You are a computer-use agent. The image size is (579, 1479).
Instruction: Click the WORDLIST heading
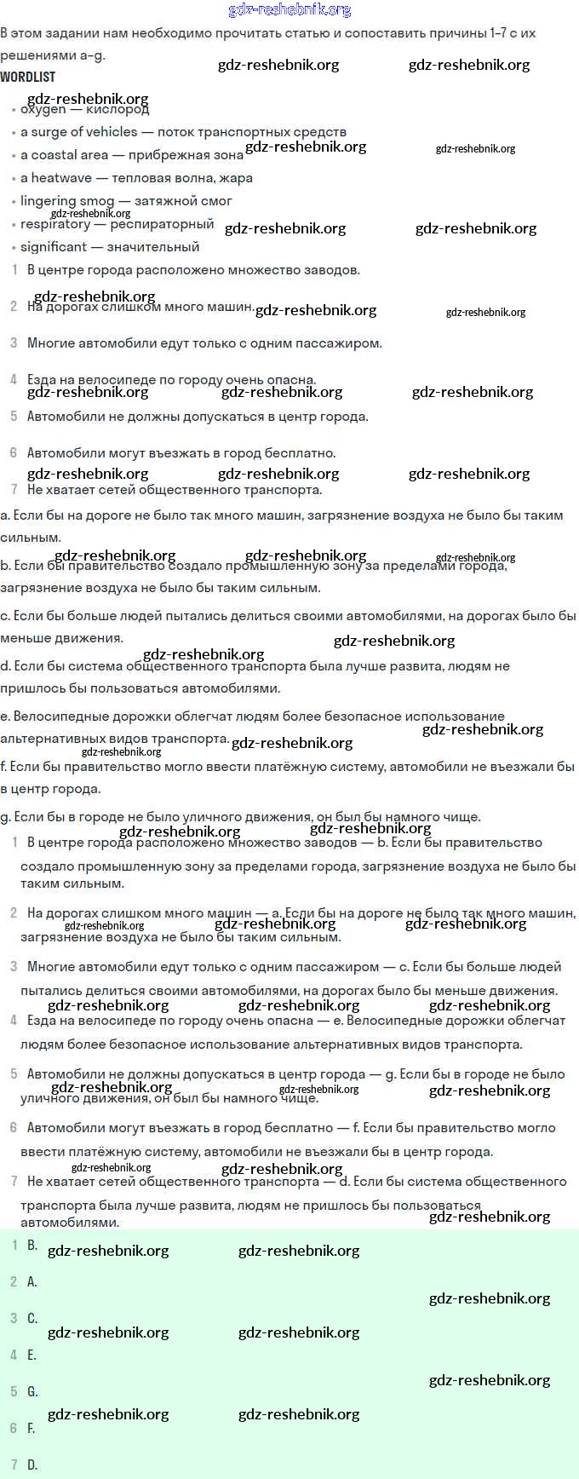(x=28, y=77)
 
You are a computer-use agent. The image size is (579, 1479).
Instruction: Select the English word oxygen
(x=43, y=110)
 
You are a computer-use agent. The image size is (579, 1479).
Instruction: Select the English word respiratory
(x=55, y=224)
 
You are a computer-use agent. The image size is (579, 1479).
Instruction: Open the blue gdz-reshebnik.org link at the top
(x=289, y=9)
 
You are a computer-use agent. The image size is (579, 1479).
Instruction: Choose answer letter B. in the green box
(x=32, y=1245)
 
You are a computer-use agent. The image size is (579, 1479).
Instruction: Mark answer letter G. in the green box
(x=32, y=1391)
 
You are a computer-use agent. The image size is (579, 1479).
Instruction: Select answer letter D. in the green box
(x=32, y=1465)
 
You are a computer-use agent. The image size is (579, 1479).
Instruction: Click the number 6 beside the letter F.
(x=14, y=1428)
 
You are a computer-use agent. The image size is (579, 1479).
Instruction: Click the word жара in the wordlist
(x=235, y=178)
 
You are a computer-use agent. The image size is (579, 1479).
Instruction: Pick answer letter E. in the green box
(x=32, y=1355)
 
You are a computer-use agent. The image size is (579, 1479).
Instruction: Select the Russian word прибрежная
(x=168, y=155)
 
